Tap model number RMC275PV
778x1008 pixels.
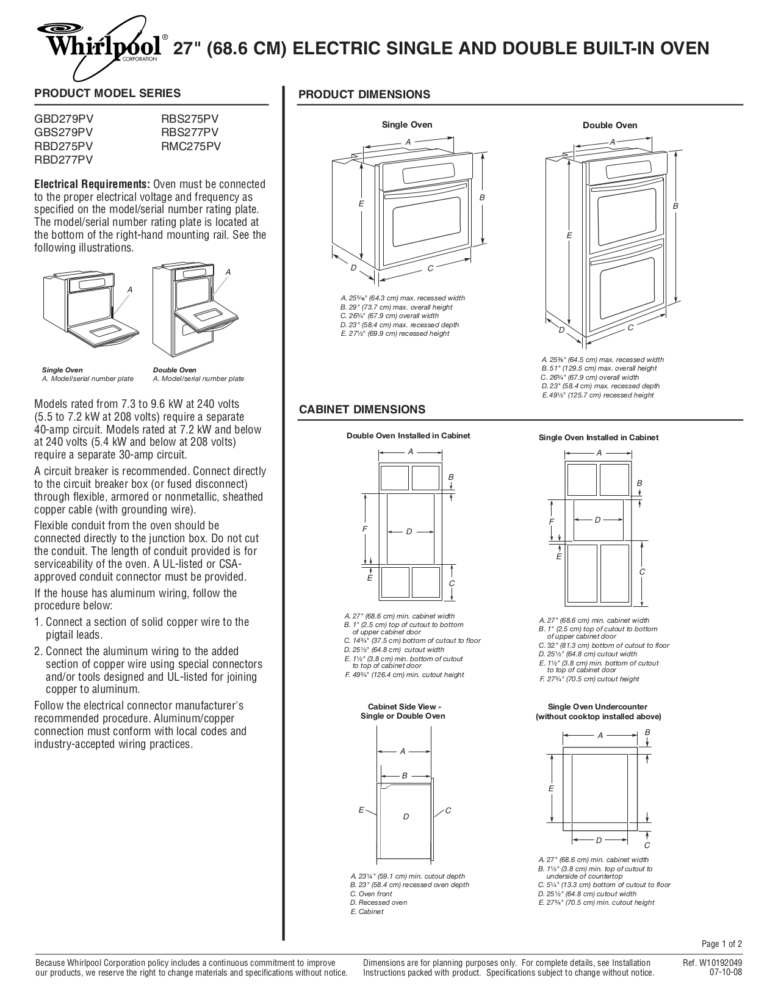pyautogui.click(x=190, y=146)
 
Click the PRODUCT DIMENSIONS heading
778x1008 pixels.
pyautogui.click(x=364, y=94)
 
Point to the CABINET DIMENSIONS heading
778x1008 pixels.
pyautogui.click(x=362, y=409)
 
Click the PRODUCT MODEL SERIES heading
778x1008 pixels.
pyautogui.click(x=107, y=93)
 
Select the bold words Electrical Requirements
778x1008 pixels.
pyautogui.click(x=92, y=184)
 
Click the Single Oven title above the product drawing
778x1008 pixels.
pyautogui.click(x=407, y=125)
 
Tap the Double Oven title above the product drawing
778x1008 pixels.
pyautogui.click(x=610, y=125)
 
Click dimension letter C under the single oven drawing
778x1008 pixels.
pyautogui.click(x=430, y=268)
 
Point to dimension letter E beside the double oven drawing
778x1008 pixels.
pyautogui.click(x=569, y=235)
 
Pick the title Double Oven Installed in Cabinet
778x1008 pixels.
pyautogui.click(x=408, y=435)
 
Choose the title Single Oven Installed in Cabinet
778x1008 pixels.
pyautogui.click(x=599, y=437)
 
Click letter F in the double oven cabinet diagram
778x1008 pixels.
pyautogui.click(x=364, y=529)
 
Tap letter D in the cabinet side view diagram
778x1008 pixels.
pyautogui.click(x=406, y=816)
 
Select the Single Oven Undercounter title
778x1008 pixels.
pyautogui.click(x=597, y=706)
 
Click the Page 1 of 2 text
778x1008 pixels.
pyautogui.click(x=721, y=944)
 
